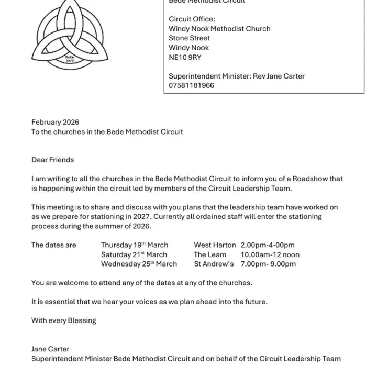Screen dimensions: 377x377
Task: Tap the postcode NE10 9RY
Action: click(x=185, y=57)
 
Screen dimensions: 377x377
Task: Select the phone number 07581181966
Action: click(x=191, y=85)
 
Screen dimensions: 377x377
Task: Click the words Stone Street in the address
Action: click(x=189, y=38)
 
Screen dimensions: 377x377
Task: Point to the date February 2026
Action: click(x=55, y=123)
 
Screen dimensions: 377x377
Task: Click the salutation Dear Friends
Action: click(x=52, y=160)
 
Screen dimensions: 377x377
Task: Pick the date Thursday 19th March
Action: click(x=135, y=245)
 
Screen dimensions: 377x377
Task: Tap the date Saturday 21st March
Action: click(x=134, y=254)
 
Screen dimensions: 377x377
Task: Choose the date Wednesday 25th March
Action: click(x=139, y=264)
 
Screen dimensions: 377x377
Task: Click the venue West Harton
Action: click(x=215, y=245)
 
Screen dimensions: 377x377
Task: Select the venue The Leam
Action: click(x=210, y=254)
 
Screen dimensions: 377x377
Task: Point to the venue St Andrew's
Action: click(x=214, y=264)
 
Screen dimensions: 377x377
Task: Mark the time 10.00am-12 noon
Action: click(x=270, y=254)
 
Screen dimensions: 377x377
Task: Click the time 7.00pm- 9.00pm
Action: click(x=268, y=264)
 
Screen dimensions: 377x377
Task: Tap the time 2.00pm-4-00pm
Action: click(x=268, y=245)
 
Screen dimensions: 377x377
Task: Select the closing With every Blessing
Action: click(x=63, y=320)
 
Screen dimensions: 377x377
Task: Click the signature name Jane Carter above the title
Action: click(x=50, y=349)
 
